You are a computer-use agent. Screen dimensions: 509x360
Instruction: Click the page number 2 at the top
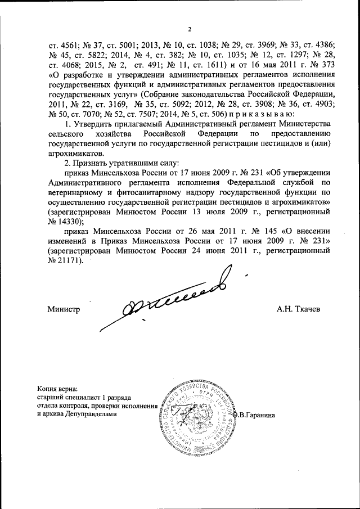click(190, 30)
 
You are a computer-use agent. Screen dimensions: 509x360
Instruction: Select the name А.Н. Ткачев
click(298, 309)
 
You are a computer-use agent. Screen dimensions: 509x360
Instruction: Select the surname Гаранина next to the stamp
click(260, 415)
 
